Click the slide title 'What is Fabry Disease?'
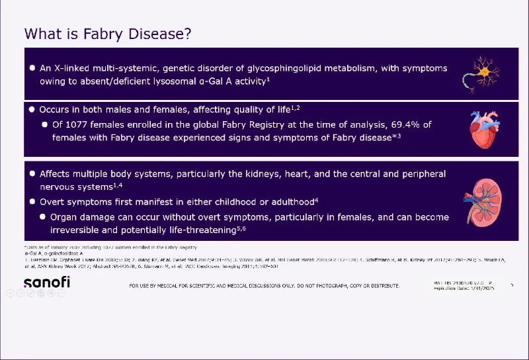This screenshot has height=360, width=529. pyautogui.click(x=108, y=33)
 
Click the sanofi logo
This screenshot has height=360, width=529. pyautogui.click(x=47, y=283)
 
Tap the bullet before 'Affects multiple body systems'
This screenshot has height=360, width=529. pyautogui.click(x=32, y=174)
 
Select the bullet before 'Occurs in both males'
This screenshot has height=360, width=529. pyautogui.click(x=32, y=109)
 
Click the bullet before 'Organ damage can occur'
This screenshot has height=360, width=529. pyautogui.click(x=43, y=217)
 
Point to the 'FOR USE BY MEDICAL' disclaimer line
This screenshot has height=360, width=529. pyautogui.click(x=264, y=286)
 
